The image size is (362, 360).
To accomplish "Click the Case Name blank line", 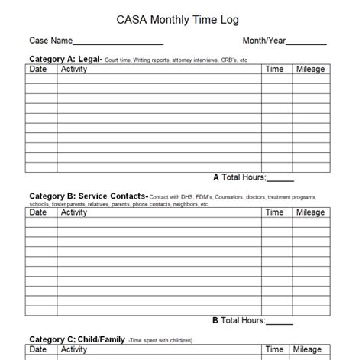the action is (x=118, y=41).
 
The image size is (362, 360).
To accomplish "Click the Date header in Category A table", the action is (x=38, y=70).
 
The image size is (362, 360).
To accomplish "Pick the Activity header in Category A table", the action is (x=74, y=70).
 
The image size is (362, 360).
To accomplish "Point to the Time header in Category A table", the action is (x=274, y=70).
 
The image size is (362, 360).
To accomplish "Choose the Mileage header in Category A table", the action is (x=310, y=70).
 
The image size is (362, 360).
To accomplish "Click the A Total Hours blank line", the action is (x=280, y=178).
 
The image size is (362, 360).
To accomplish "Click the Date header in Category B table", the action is (x=38, y=212).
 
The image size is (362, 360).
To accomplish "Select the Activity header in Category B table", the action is (x=74, y=212).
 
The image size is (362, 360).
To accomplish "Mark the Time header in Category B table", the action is (x=274, y=212).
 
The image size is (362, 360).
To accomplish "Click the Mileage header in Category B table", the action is (x=310, y=212).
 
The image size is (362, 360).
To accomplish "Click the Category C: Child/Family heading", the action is (x=77, y=339).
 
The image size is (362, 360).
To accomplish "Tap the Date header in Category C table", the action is (x=38, y=350).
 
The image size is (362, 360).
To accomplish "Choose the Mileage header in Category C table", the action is (x=310, y=350).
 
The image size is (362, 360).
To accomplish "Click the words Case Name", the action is (x=50, y=40).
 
